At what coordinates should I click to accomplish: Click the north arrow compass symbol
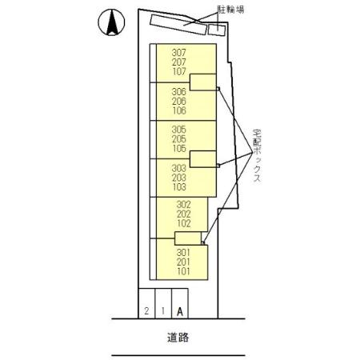(111, 22)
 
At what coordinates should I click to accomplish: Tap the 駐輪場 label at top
(231, 10)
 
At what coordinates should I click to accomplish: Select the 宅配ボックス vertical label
(257, 156)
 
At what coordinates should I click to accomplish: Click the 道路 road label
(178, 338)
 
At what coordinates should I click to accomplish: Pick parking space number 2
(146, 310)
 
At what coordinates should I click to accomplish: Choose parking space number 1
(163, 310)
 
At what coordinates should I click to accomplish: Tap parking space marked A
(180, 311)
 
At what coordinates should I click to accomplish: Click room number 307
(178, 53)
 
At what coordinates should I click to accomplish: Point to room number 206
(178, 101)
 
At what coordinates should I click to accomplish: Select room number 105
(178, 148)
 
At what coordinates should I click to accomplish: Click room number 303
(178, 168)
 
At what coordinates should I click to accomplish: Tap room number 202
(184, 214)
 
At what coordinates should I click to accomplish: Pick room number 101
(184, 271)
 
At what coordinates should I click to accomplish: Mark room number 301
(184, 252)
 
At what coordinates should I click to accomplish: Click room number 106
(178, 110)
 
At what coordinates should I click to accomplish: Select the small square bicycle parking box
(217, 30)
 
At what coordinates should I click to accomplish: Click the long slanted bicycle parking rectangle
(178, 25)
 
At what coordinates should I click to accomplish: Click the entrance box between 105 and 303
(203, 159)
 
